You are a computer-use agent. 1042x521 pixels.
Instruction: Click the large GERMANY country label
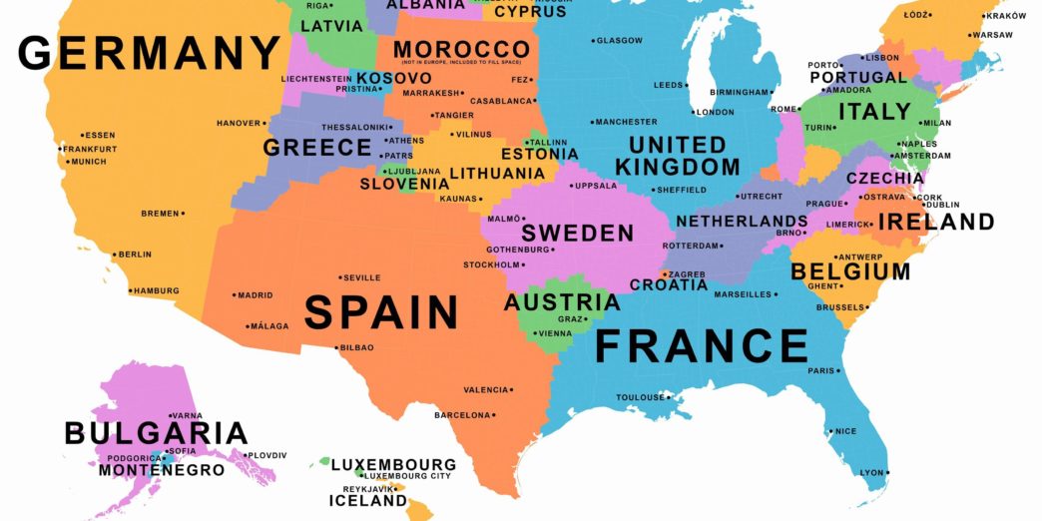(150, 52)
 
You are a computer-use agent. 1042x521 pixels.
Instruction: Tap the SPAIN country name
(381, 311)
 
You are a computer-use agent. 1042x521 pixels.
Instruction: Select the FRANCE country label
(702, 346)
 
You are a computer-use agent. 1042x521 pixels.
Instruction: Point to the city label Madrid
(256, 295)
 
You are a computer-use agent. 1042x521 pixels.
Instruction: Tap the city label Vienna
(556, 333)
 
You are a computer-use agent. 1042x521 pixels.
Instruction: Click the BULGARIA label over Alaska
(156, 433)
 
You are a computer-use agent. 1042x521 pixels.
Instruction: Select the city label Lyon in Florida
(872, 472)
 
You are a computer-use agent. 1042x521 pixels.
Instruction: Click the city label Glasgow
(619, 41)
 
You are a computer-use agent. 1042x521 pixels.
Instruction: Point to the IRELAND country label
(936, 222)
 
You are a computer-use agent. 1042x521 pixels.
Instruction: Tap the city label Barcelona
(462, 415)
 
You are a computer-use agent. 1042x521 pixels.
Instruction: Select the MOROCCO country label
(461, 50)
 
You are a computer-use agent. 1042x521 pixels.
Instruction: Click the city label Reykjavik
(366, 489)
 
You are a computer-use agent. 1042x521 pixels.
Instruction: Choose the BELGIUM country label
(850, 271)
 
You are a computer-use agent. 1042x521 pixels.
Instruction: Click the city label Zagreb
(688, 273)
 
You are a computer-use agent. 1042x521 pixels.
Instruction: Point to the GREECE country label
(317, 148)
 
